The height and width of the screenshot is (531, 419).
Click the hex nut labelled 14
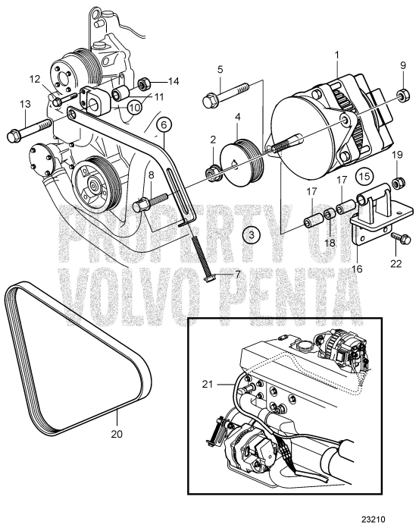pos(145,82)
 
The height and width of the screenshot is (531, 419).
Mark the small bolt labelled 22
pos(401,239)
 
